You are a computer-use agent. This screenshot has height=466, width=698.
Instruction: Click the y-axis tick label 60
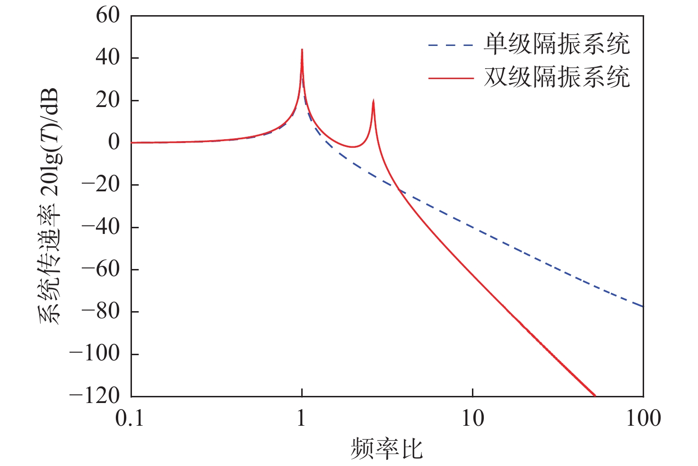pyautogui.click(x=108, y=15)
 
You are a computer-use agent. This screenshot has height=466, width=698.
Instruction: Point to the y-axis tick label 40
pyautogui.click(x=108, y=58)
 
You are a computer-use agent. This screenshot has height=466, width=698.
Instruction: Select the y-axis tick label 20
pyautogui.click(x=108, y=100)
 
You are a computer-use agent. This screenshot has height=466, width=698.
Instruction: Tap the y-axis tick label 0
pyautogui.click(x=114, y=142)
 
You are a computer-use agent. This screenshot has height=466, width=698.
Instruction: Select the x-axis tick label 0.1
pyautogui.click(x=130, y=419)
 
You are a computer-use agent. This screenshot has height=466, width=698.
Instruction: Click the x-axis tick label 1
pyautogui.click(x=302, y=419)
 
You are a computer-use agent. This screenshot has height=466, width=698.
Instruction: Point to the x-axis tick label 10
pyautogui.click(x=472, y=419)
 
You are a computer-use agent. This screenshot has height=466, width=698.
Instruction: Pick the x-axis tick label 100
pyautogui.click(x=643, y=419)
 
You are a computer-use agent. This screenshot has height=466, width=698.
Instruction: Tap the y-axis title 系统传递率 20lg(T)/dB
pyautogui.click(x=49, y=206)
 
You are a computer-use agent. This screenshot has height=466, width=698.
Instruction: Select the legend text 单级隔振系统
pyautogui.click(x=557, y=45)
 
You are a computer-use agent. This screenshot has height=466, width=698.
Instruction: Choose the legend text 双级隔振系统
pyautogui.click(x=557, y=77)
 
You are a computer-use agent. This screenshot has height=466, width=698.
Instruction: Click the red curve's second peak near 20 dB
pyautogui.click(x=373, y=101)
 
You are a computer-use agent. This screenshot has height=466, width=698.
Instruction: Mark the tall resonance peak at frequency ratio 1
pyautogui.click(x=302, y=50)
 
